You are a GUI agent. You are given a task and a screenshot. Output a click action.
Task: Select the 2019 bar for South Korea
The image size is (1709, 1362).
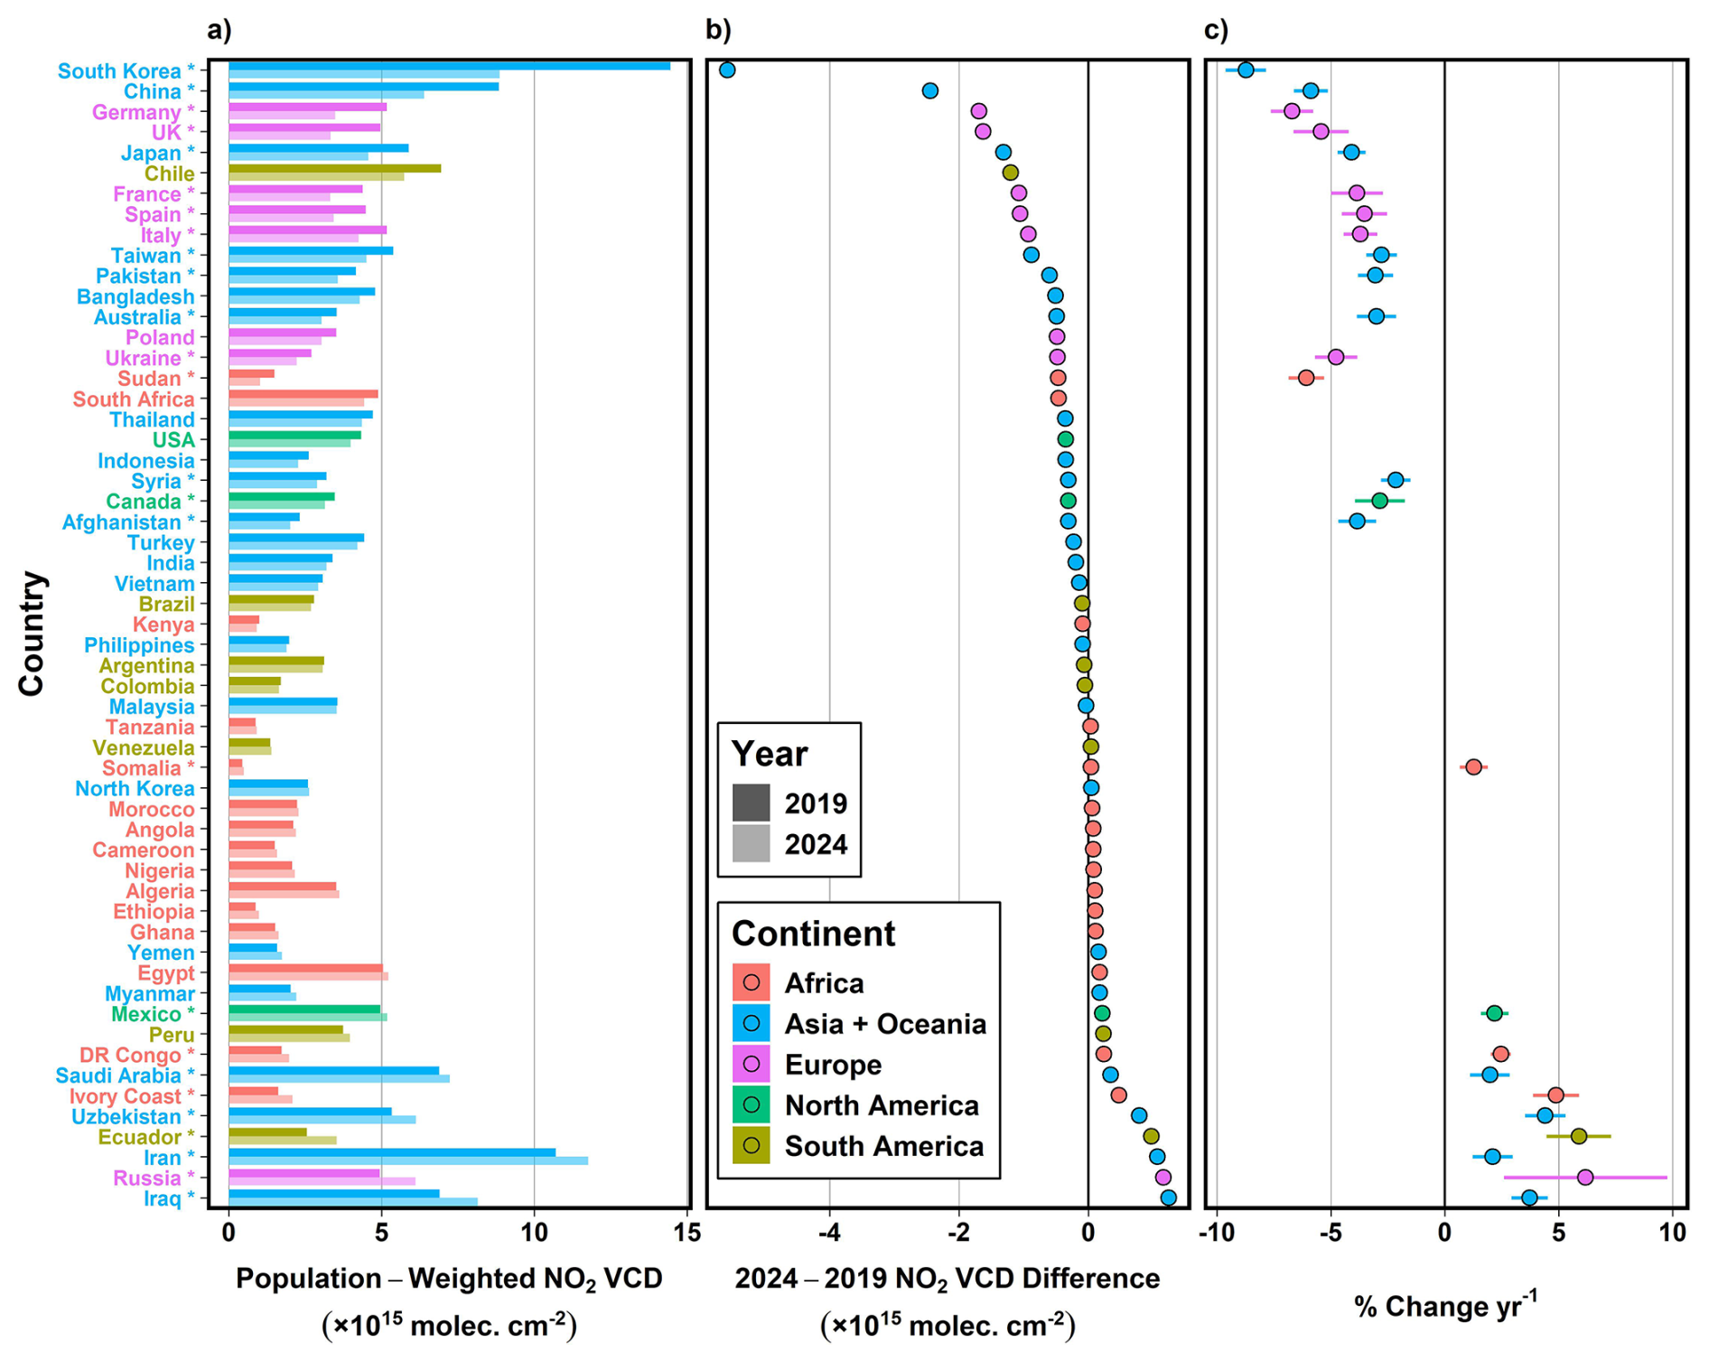(x=449, y=66)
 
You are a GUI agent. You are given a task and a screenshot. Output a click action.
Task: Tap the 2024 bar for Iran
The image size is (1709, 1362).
(x=407, y=1160)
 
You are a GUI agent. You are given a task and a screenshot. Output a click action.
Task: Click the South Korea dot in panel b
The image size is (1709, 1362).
(x=727, y=70)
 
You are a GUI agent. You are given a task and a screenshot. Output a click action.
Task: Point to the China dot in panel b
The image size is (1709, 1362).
(x=929, y=90)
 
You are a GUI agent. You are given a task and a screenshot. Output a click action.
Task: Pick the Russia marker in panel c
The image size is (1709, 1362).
(x=1584, y=1177)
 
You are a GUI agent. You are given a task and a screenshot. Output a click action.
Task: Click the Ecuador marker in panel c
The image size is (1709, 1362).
(x=1578, y=1136)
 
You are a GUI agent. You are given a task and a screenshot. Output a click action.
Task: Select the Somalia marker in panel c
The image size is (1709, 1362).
(x=1473, y=766)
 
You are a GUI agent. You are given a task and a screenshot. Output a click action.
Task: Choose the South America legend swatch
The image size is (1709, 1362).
(x=751, y=1145)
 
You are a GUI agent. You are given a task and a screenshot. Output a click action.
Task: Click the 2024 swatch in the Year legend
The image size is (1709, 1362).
(x=751, y=843)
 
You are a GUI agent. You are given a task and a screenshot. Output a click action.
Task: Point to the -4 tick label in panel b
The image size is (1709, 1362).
(x=829, y=1232)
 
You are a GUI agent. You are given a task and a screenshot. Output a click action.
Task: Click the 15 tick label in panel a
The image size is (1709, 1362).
(x=687, y=1232)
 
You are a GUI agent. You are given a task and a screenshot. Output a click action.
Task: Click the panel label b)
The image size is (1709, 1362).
(x=718, y=30)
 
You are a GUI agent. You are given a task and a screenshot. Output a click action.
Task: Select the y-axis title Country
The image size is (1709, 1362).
(x=31, y=633)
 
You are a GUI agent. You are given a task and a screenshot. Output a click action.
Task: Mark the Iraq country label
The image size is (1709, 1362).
(x=169, y=1198)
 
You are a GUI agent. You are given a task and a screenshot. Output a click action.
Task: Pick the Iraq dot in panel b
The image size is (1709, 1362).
(x=1168, y=1198)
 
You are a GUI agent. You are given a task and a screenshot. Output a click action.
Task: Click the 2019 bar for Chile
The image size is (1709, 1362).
(x=334, y=168)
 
